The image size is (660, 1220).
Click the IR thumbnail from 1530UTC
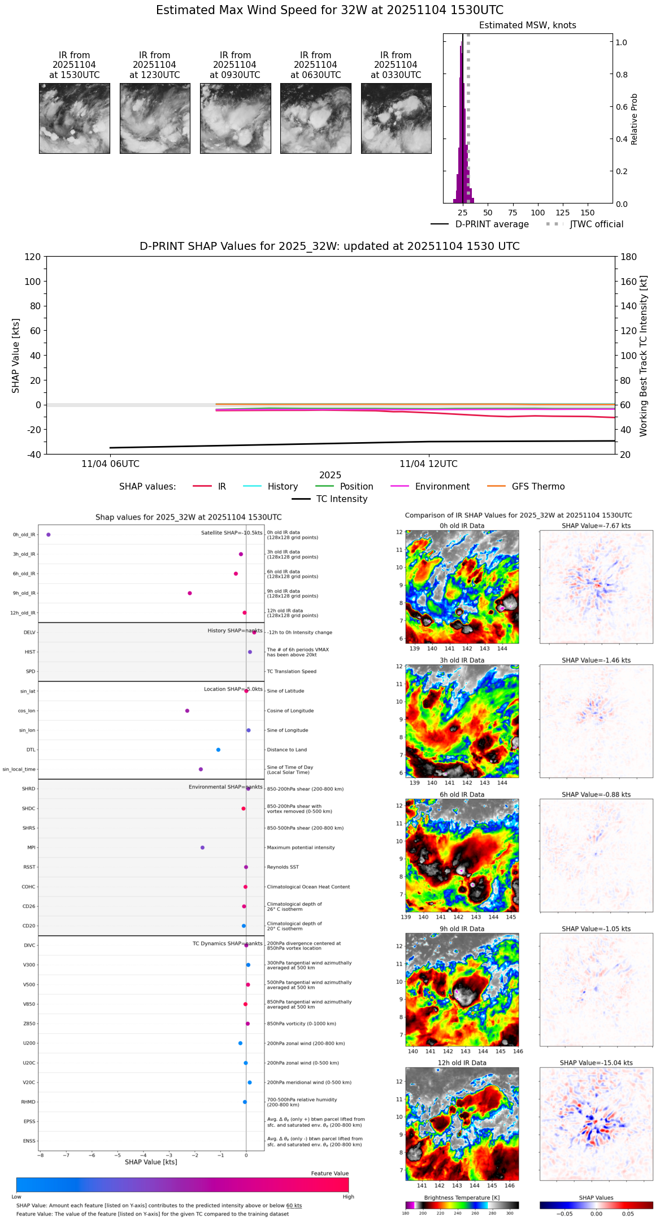click(74, 118)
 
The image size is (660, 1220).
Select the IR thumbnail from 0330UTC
click(396, 118)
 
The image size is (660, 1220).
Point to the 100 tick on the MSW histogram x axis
click(537, 213)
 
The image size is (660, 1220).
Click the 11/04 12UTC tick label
click(428, 464)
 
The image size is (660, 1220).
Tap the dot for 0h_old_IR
click(49, 534)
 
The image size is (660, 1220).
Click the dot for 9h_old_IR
click(190, 593)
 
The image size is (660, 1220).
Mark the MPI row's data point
click(202, 847)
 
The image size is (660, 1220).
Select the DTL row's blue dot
click(218, 750)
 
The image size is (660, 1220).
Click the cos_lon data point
click(187, 711)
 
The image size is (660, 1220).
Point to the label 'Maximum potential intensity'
click(301, 847)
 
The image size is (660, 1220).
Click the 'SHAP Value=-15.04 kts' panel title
click(596, 1063)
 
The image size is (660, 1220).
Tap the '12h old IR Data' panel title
click(462, 1063)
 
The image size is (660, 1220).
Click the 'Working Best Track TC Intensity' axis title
click(644, 356)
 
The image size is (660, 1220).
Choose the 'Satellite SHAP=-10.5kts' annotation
click(232, 533)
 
